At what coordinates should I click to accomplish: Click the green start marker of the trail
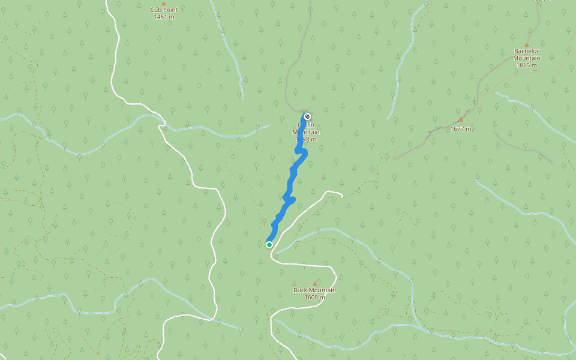pyautogui.click(x=269, y=244)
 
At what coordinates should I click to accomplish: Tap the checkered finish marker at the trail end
pyautogui.click(x=307, y=116)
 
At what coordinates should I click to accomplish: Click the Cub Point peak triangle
pyautogui.click(x=164, y=4)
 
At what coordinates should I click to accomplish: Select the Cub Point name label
pyautogui.click(x=164, y=10)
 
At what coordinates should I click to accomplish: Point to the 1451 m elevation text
pyautogui.click(x=164, y=17)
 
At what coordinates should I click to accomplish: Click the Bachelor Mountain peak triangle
pyautogui.click(x=527, y=44)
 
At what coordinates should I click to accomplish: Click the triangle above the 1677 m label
pyautogui.click(x=460, y=120)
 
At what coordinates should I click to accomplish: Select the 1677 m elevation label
pyautogui.click(x=461, y=128)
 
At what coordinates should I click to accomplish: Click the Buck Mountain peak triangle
pyautogui.click(x=314, y=283)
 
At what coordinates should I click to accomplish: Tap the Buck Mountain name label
pyautogui.click(x=314, y=290)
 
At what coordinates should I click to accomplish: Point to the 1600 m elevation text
pyautogui.click(x=314, y=298)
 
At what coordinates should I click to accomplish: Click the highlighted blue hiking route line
pyautogui.click(x=292, y=180)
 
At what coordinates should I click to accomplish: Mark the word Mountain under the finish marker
pyautogui.click(x=307, y=132)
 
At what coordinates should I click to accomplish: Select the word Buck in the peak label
pyautogui.click(x=300, y=290)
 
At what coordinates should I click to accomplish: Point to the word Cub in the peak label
pyautogui.click(x=155, y=10)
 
